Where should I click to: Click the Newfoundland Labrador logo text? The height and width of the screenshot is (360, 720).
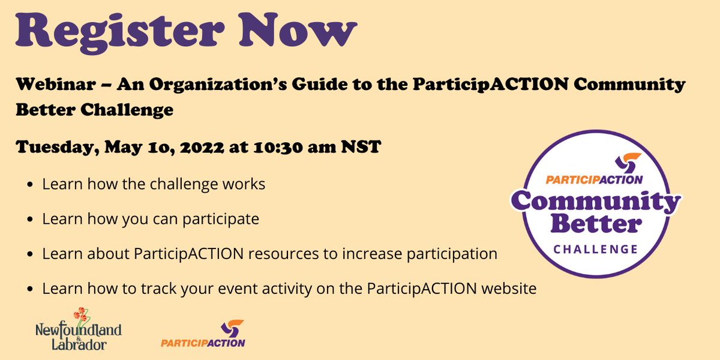[78, 335]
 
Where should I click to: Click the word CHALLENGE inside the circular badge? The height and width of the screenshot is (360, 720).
[595, 248]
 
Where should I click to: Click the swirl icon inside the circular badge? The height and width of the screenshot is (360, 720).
[628, 163]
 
